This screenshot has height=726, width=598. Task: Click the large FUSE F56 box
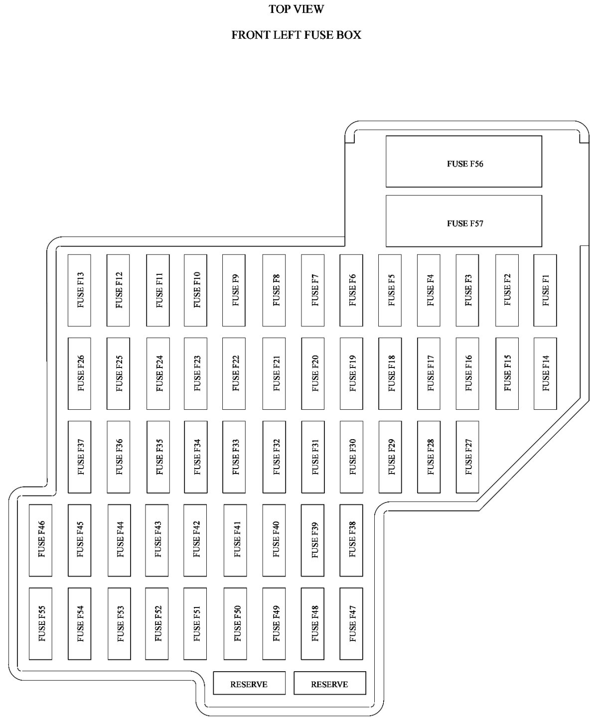(x=464, y=162)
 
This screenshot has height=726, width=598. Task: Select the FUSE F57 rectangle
(x=464, y=221)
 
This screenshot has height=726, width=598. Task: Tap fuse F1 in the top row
(x=545, y=290)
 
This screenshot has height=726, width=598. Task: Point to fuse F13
(x=79, y=290)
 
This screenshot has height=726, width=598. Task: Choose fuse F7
(x=312, y=290)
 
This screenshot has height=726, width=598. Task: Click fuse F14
(x=545, y=373)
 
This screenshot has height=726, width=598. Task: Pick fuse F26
(x=79, y=373)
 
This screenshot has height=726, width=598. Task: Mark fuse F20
(x=312, y=373)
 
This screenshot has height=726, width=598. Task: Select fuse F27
(x=467, y=457)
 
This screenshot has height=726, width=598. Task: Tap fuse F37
(x=79, y=457)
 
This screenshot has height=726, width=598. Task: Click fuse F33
(x=234, y=457)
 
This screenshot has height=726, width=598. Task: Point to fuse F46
(x=40, y=540)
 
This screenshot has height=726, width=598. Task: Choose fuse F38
(x=351, y=540)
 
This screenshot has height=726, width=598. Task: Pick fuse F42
(x=195, y=540)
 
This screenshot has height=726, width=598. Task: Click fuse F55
(x=40, y=623)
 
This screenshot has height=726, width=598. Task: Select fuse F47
(x=351, y=623)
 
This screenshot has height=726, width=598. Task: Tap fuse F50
(x=235, y=623)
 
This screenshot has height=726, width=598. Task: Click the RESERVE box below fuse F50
(x=249, y=683)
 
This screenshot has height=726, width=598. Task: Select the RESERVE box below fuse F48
(x=330, y=683)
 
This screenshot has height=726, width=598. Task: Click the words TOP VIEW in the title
(x=296, y=9)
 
